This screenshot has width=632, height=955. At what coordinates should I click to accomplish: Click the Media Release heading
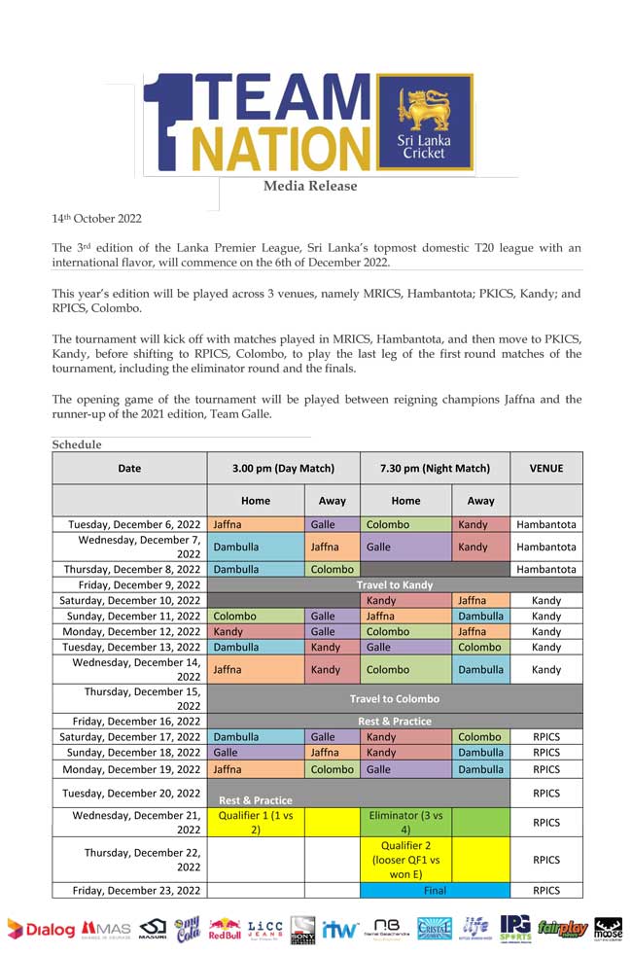(x=310, y=186)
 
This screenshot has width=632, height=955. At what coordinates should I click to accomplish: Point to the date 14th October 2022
(x=96, y=219)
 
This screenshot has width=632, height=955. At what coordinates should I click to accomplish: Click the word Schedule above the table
(x=77, y=444)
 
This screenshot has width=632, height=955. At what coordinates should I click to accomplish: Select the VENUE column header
(x=546, y=468)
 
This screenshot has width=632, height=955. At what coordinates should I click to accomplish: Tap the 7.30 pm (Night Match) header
(x=435, y=468)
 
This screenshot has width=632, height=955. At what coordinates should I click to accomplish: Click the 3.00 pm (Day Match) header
(x=283, y=468)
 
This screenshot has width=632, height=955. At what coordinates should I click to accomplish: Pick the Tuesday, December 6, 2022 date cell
(x=129, y=524)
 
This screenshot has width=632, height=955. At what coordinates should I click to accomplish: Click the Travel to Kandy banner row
(x=395, y=584)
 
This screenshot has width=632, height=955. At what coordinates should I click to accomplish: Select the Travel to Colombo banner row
(x=395, y=698)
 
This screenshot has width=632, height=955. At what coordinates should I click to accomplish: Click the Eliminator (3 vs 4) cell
(x=406, y=822)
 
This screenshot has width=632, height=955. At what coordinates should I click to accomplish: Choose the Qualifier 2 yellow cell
(x=406, y=859)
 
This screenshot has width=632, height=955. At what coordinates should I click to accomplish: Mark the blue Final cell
(x=435, y=890)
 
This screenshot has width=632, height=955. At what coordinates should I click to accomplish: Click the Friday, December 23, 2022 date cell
(x=129, y=890)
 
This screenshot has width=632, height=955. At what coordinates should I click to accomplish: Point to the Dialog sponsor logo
(x=41, y=930)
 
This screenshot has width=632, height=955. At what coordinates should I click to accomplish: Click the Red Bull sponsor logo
(x=225, y=931)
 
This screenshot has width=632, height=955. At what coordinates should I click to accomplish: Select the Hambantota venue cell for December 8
(x=546, y=569)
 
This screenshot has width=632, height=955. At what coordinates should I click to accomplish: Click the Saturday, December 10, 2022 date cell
(x=129, y=600)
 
